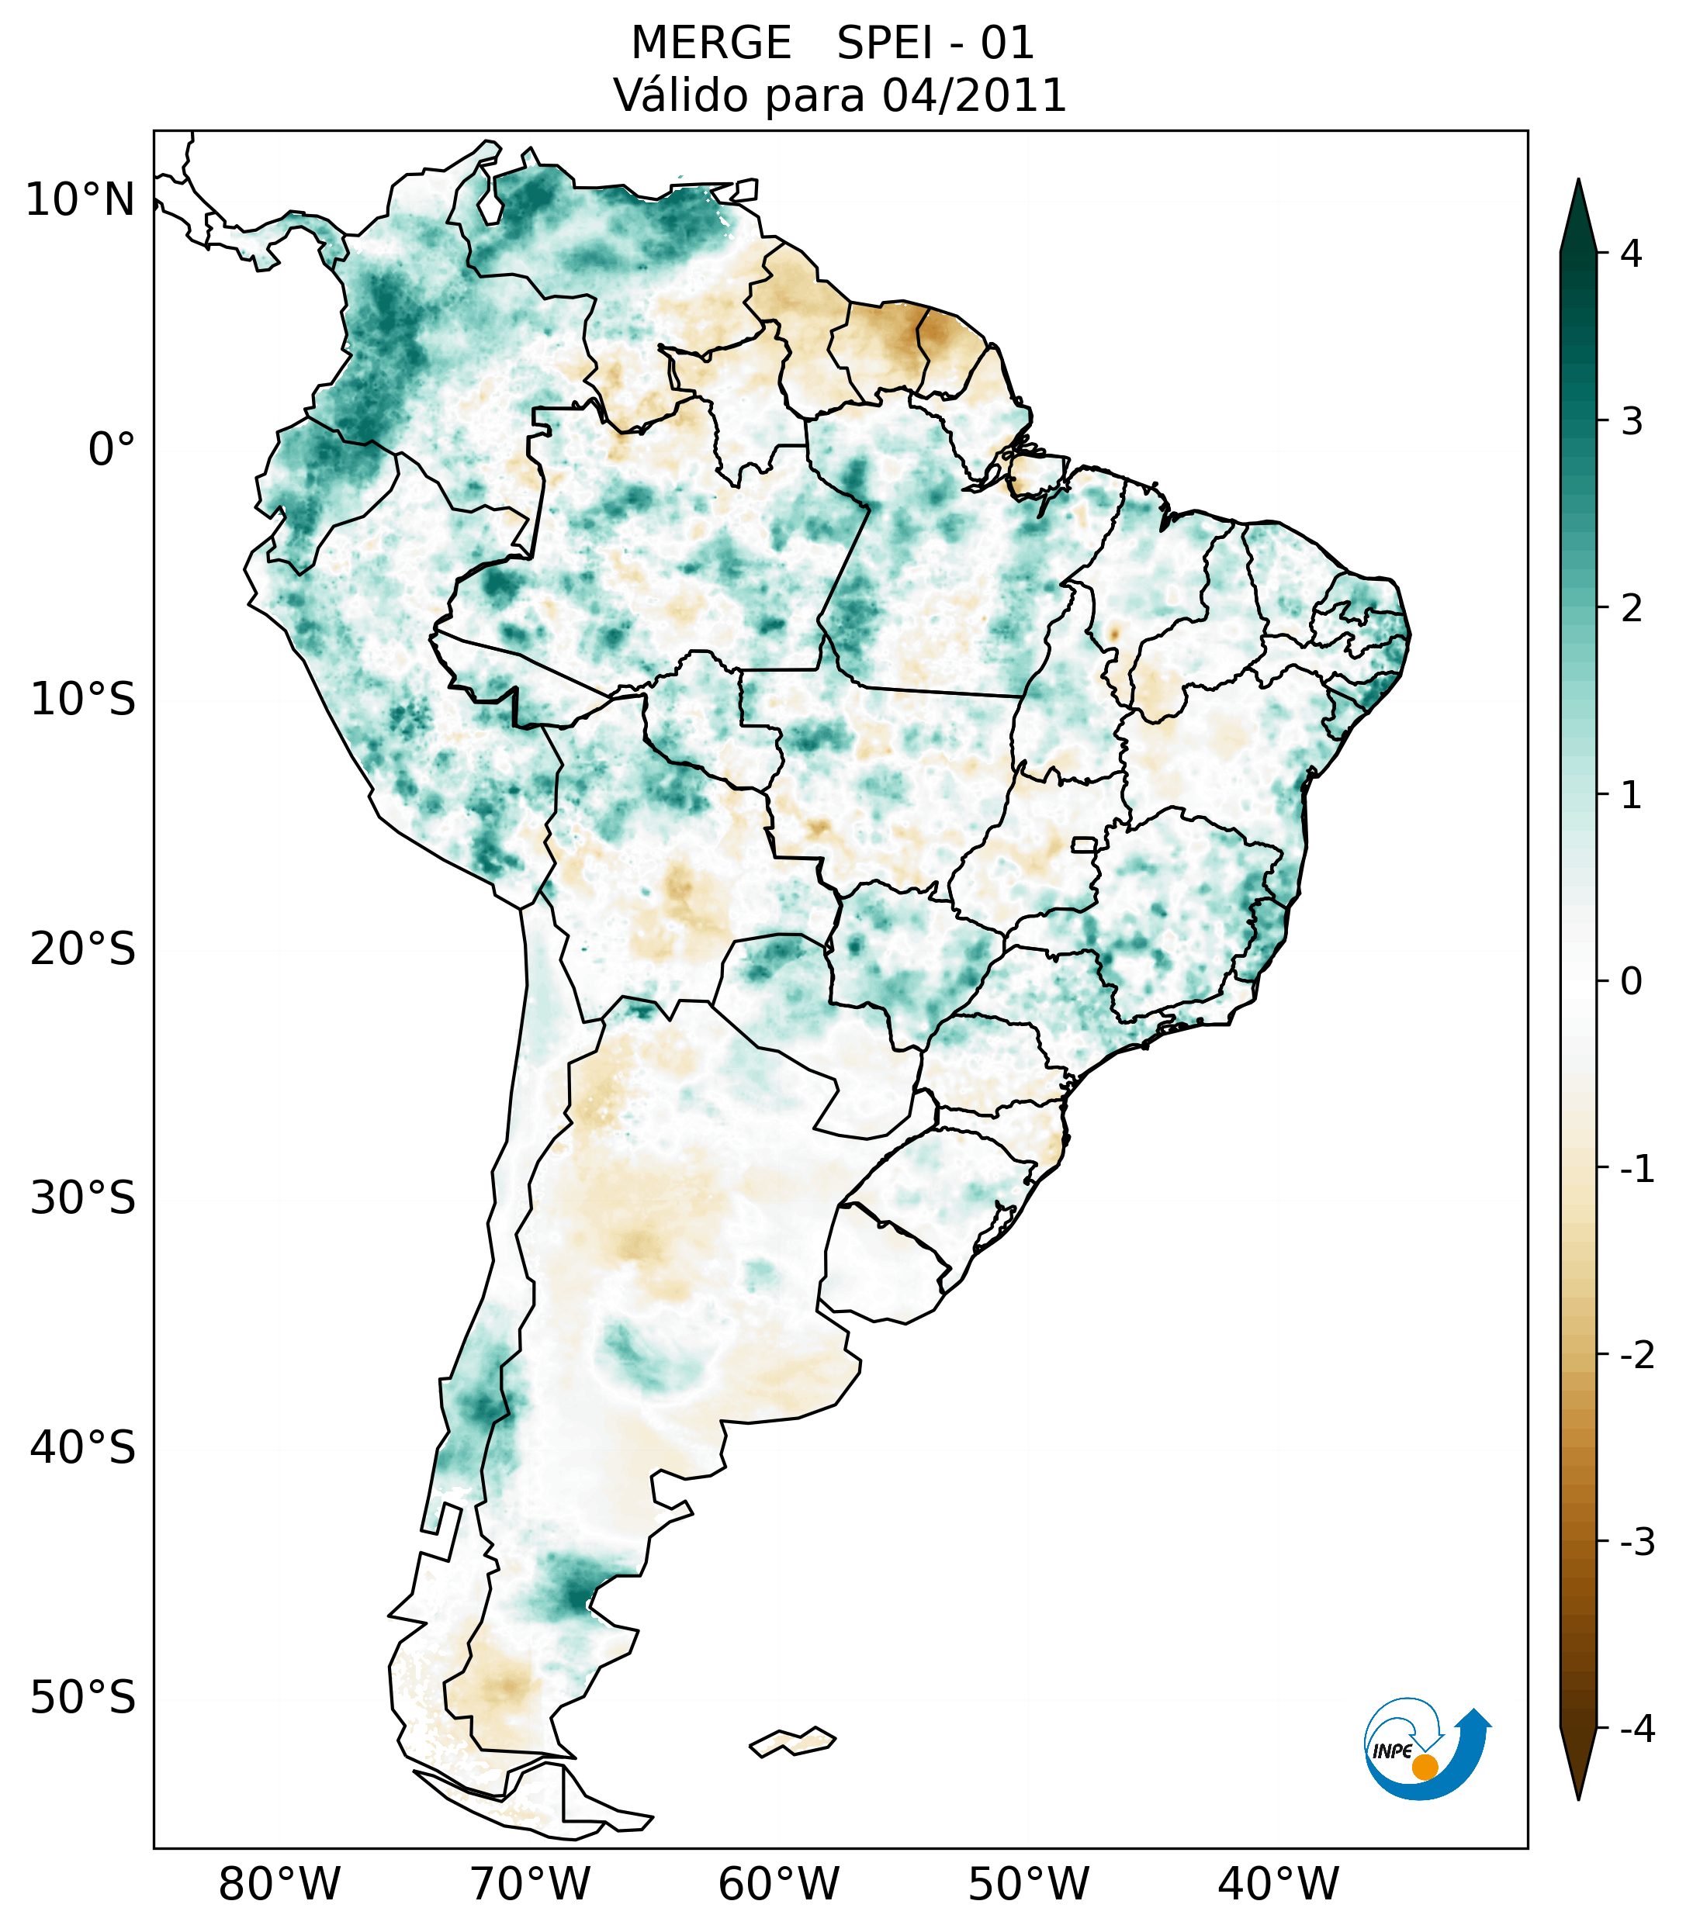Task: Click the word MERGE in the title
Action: click(x=711, y=43)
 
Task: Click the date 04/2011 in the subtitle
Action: click(x=974, y=96)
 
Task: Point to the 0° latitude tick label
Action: click(x=112, y=450)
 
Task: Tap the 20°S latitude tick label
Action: click(x=83, y=949)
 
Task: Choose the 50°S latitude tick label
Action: click(x=83, y=1699)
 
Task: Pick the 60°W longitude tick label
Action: click(x=778, y=1884)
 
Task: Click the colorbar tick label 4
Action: click(x=1631, y=254)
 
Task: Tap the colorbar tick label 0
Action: click(x=1631, y=982)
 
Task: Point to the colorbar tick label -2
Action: click(x=1636, y=1356)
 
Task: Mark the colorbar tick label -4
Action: click(x=1636, y=1730)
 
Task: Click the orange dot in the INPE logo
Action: click(x=1425, y=1767)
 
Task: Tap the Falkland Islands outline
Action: click(x=792, y=1741)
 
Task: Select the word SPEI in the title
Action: click(x=884, y=43)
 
